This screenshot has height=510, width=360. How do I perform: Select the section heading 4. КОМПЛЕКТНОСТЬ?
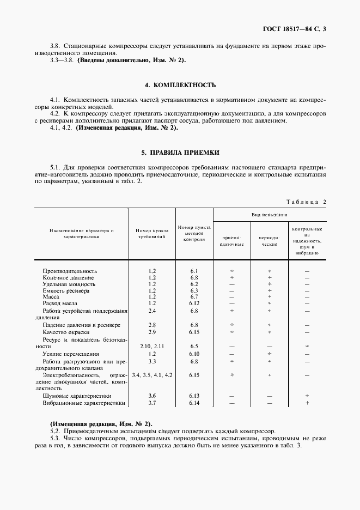180,85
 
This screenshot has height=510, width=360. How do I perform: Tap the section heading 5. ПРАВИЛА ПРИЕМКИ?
180,153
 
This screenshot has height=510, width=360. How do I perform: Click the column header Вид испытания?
270,215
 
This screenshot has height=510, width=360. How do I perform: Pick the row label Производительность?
70,271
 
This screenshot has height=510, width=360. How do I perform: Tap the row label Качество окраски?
66,332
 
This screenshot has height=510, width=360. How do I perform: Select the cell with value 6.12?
194,303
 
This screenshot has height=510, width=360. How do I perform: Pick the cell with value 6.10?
194,354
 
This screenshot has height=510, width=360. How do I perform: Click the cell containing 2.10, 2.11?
152,346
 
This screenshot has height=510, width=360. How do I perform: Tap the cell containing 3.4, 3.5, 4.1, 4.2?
152,375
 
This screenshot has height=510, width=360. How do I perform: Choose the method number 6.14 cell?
194,403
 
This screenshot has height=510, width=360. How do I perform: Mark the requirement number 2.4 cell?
152,311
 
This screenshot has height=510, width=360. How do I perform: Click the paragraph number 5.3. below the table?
55,438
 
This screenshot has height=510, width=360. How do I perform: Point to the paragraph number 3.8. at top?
55,46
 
